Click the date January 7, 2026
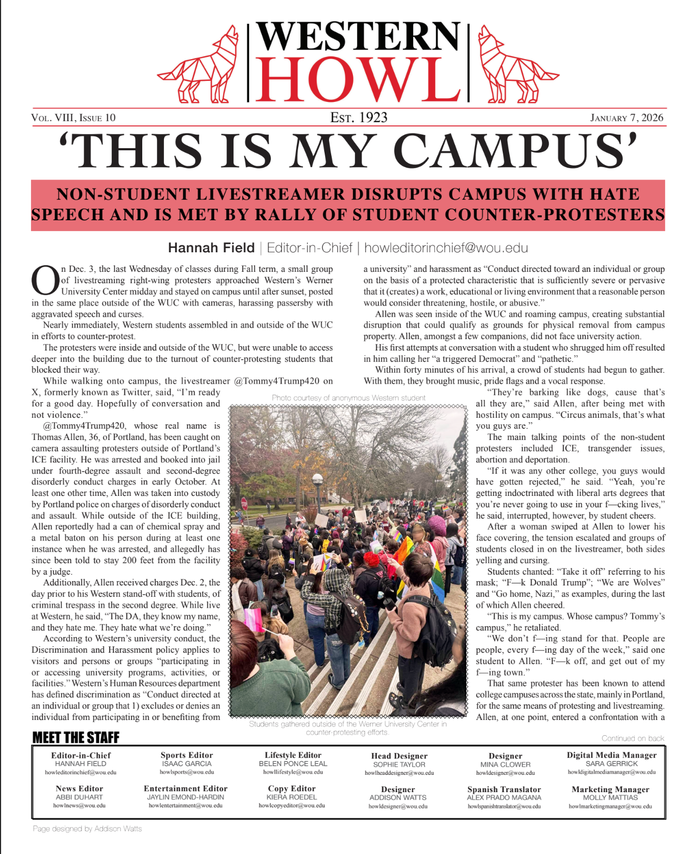pos(627,118)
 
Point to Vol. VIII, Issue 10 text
pos(73,118)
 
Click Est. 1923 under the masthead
pos(359,118)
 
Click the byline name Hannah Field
pos(211,248)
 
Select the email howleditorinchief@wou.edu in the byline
pos(446,248)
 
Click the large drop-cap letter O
pos(45,281)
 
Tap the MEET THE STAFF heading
pos(75,737)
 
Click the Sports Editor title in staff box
pos(187,755)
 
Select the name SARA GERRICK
pos(611,763)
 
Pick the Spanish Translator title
pos(504,789)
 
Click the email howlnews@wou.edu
pos(79,806)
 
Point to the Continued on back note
pos(632,738)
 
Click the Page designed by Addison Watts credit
pos(87,828)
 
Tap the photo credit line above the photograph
pos(349,398)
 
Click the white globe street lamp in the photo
pos(318,479)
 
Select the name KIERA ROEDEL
pos(292,797)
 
